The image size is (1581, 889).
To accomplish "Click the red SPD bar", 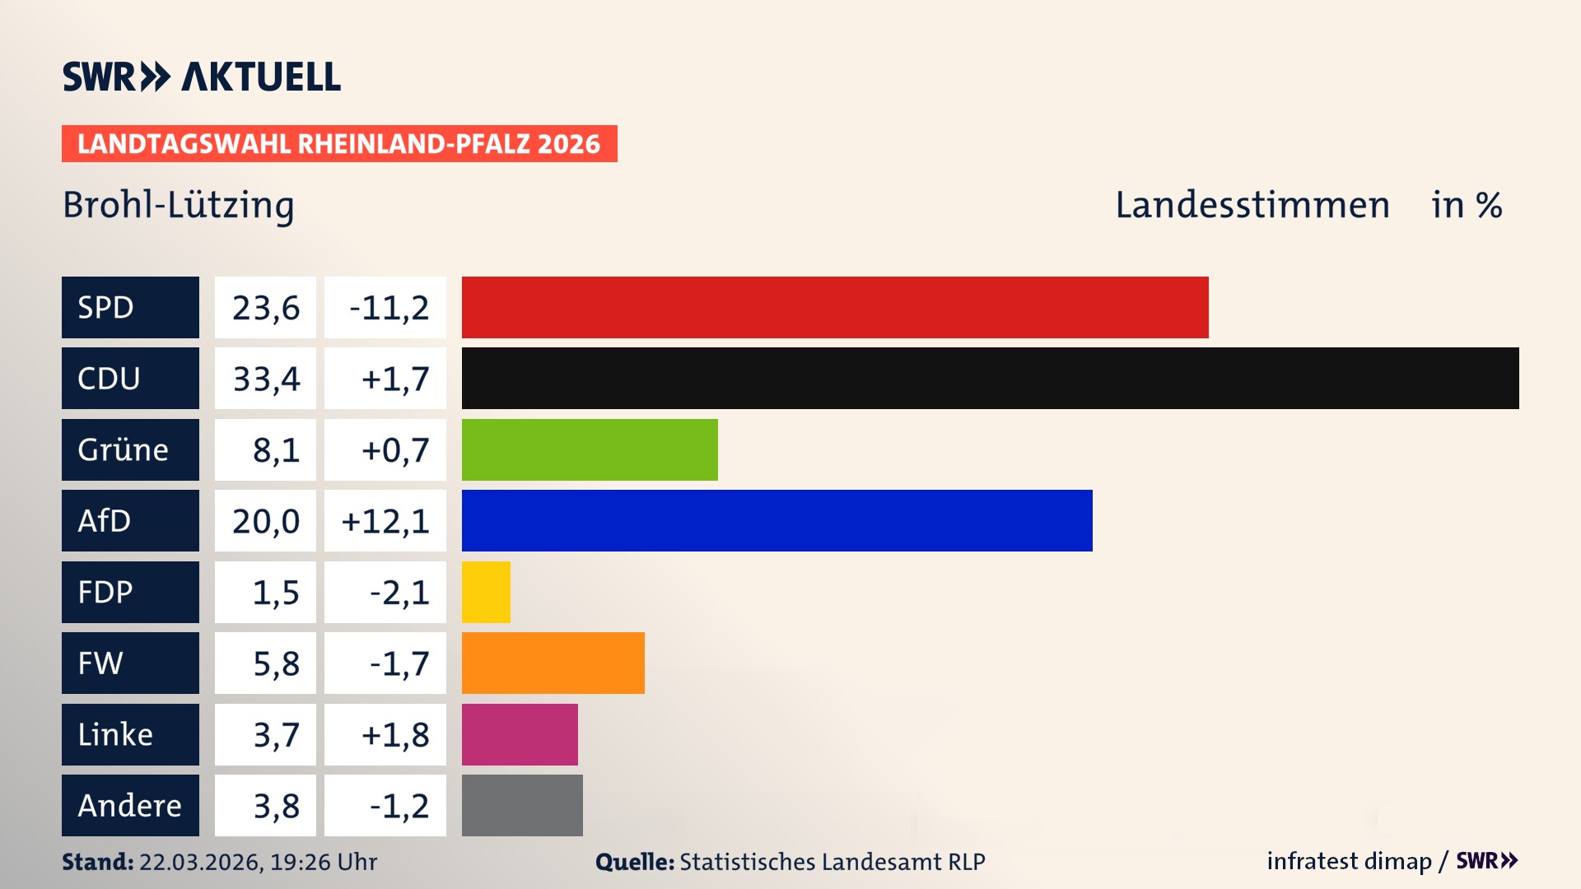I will click(x=835, y=307).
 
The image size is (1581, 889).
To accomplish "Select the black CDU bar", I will click(x=990, y=378).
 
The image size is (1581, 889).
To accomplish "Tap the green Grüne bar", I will click(x=590, y=449).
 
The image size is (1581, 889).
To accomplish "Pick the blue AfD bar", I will click(x=777, y=520).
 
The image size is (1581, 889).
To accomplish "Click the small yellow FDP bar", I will click(x=486, y=592).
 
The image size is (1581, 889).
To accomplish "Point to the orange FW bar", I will click(x=553, y=663).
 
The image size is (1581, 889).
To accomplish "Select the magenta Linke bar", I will click(x=520, y=734).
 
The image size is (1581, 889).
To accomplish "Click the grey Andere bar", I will click(x=522, y=805).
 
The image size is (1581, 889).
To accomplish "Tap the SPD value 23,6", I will click(x=265, y=308).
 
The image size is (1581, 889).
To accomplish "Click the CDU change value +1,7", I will click(x=394, y=379).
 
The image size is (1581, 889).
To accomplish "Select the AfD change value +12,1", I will click(x=385, y=521).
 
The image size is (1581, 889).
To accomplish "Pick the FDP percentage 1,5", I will click(x=275, y=593).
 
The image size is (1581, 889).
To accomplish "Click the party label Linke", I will click(x=115, y=734).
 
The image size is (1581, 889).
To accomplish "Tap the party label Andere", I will click(x=129, y=805).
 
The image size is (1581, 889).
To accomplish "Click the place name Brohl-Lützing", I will click(x=179, y=205).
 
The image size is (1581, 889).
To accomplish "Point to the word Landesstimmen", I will click(x=1252, y=205).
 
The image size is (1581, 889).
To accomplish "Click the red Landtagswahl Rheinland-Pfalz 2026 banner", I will click(x=339, y=144).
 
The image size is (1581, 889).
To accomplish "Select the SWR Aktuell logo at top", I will click(x=202, y=77).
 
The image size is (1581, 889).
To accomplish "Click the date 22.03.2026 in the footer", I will click(x=201, y=862).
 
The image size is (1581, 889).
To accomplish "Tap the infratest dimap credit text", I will click(x=1349, y=861).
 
